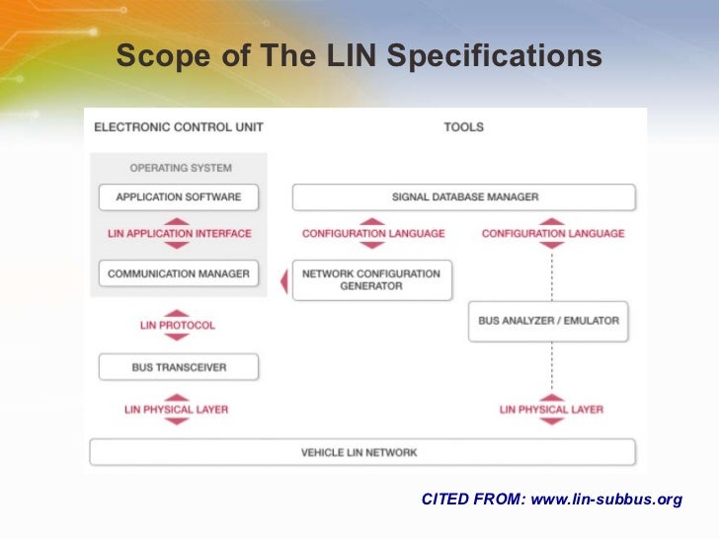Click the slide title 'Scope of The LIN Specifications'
[359, 58]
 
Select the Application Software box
[179, 196]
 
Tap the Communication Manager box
[179, 273]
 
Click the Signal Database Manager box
[464, 196]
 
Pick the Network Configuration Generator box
[372, 279]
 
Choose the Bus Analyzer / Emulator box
[548, 321]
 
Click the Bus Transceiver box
[179, 367]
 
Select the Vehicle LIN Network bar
[359, 452]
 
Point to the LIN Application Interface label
[179, 234]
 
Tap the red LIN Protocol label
[178, 325]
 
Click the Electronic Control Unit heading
[178, 127]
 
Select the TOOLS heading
[463, 127]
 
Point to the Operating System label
[179, 167]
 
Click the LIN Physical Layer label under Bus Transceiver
[176, 410]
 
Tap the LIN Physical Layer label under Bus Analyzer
[551, 410]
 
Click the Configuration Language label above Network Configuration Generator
[373, 234]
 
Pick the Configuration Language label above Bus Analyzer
[553, 234]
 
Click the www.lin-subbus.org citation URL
[606, 500]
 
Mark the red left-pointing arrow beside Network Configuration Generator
[284, 282]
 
